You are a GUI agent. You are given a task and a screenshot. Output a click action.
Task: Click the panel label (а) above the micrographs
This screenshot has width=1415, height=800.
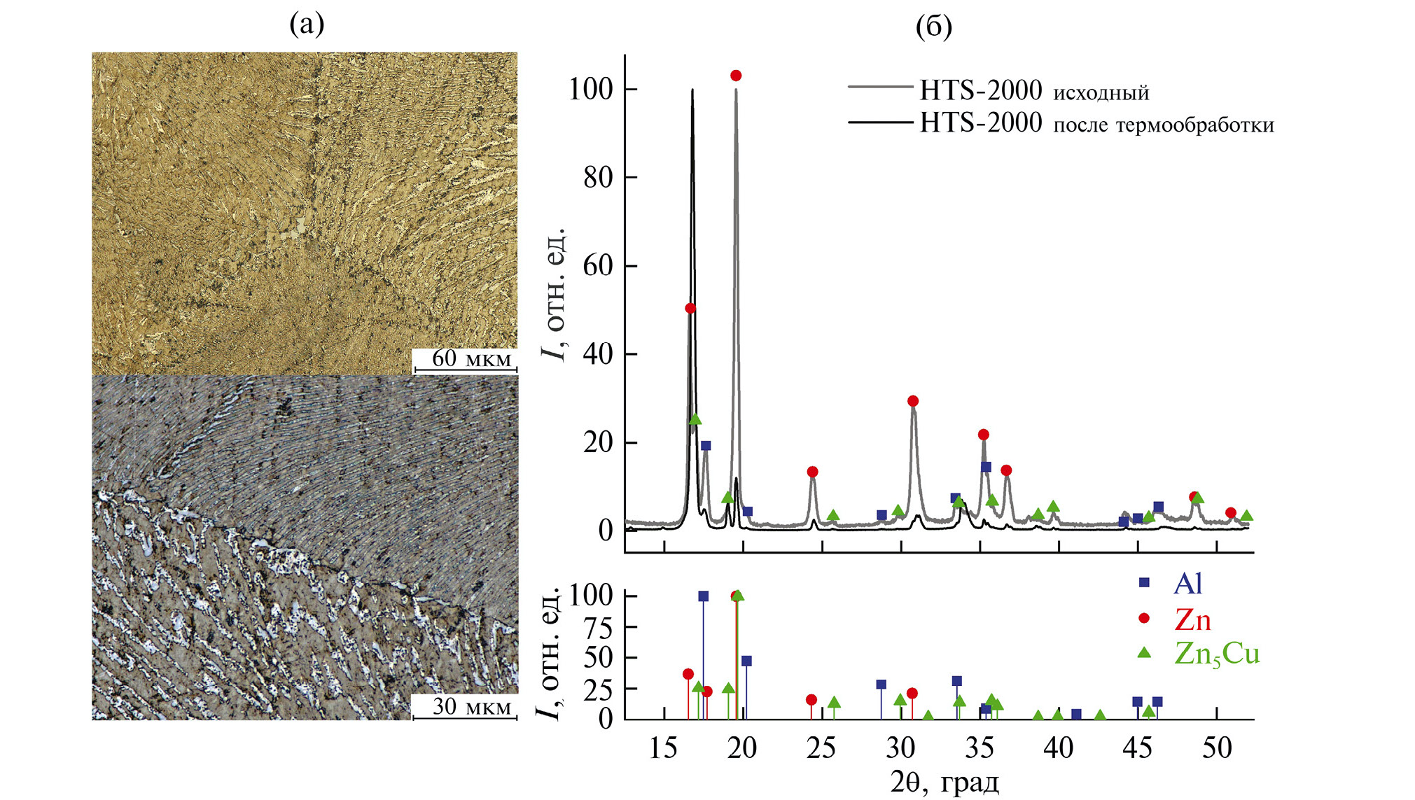(x=307, y=25)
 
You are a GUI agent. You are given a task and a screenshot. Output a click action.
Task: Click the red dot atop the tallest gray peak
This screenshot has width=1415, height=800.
(x=736, y=76)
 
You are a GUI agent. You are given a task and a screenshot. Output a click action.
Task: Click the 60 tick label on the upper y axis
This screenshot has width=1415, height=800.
(x=598, y=267)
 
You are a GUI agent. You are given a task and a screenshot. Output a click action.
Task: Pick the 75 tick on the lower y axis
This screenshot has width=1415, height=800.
(x=599, y=628)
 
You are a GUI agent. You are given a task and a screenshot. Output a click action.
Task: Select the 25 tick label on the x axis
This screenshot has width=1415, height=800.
(x=821, y=749)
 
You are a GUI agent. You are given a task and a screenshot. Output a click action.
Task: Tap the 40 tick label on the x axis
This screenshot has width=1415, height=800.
(x=1058, y=749)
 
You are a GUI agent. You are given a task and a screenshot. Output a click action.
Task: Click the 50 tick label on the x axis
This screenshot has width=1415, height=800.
(x=1217, y=749)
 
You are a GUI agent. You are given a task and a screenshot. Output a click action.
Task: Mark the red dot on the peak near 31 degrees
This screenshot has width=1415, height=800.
(x=913, y=401)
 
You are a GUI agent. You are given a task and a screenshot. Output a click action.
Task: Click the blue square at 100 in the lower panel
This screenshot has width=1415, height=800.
(x=704, y=596)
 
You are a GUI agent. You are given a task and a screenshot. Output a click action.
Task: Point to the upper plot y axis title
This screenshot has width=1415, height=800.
(x=554, y=294)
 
